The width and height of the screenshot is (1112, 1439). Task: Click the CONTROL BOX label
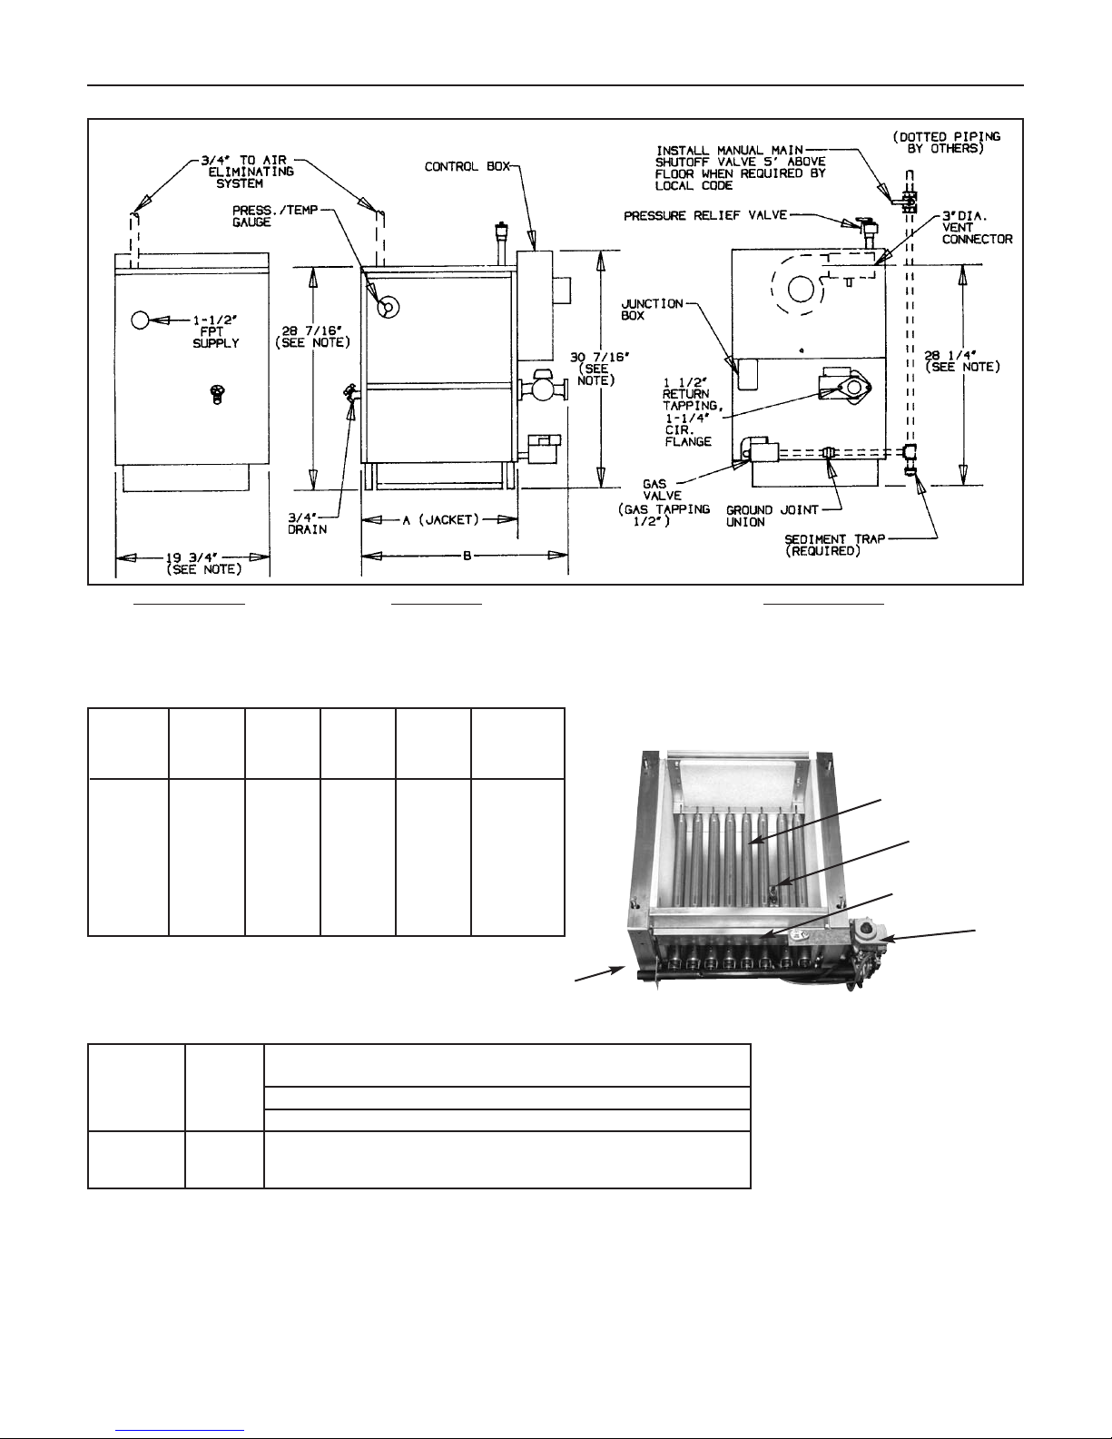pos(467,166)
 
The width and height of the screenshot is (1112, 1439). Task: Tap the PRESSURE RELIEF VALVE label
pos(705,215)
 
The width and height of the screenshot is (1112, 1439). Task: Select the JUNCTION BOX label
pos(652,310)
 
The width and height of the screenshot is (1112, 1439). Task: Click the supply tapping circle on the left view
pos(141,320)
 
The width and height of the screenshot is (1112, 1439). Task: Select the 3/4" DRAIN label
pos(307,523)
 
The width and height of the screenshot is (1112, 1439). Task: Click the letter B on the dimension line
pos(467,556)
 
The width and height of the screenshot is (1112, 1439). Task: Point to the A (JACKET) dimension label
pos(440,520)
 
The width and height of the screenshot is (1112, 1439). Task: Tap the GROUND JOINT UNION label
pos(772,516)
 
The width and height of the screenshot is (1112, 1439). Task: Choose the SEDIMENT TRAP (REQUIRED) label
pos(835,545)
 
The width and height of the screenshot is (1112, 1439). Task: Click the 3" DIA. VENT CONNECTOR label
pos(977,227)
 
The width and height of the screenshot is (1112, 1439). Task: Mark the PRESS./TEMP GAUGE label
pos(275,216)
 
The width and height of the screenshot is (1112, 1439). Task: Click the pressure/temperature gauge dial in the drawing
pos(388,307)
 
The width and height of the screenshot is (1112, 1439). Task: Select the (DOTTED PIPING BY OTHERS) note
pos(947,143)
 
